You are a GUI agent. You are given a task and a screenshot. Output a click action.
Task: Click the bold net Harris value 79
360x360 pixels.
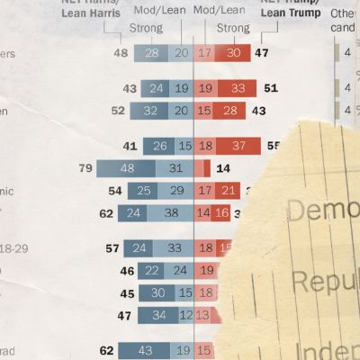click(86, 168)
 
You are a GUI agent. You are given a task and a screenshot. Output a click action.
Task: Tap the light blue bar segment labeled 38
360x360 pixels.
click(171, 214)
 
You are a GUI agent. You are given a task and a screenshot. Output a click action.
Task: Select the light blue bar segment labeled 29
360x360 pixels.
click(172, 191)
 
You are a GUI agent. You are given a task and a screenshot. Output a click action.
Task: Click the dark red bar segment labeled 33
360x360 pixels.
click(238, 88)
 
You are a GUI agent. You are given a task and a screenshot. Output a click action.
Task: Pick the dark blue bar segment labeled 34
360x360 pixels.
click(158, 315)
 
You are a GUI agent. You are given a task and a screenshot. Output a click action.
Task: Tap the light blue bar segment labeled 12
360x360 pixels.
click(186, 315)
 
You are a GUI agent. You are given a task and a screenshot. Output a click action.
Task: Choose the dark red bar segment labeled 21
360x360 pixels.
click(228, 191)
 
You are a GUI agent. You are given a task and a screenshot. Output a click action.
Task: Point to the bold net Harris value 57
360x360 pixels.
click(112, 247)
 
